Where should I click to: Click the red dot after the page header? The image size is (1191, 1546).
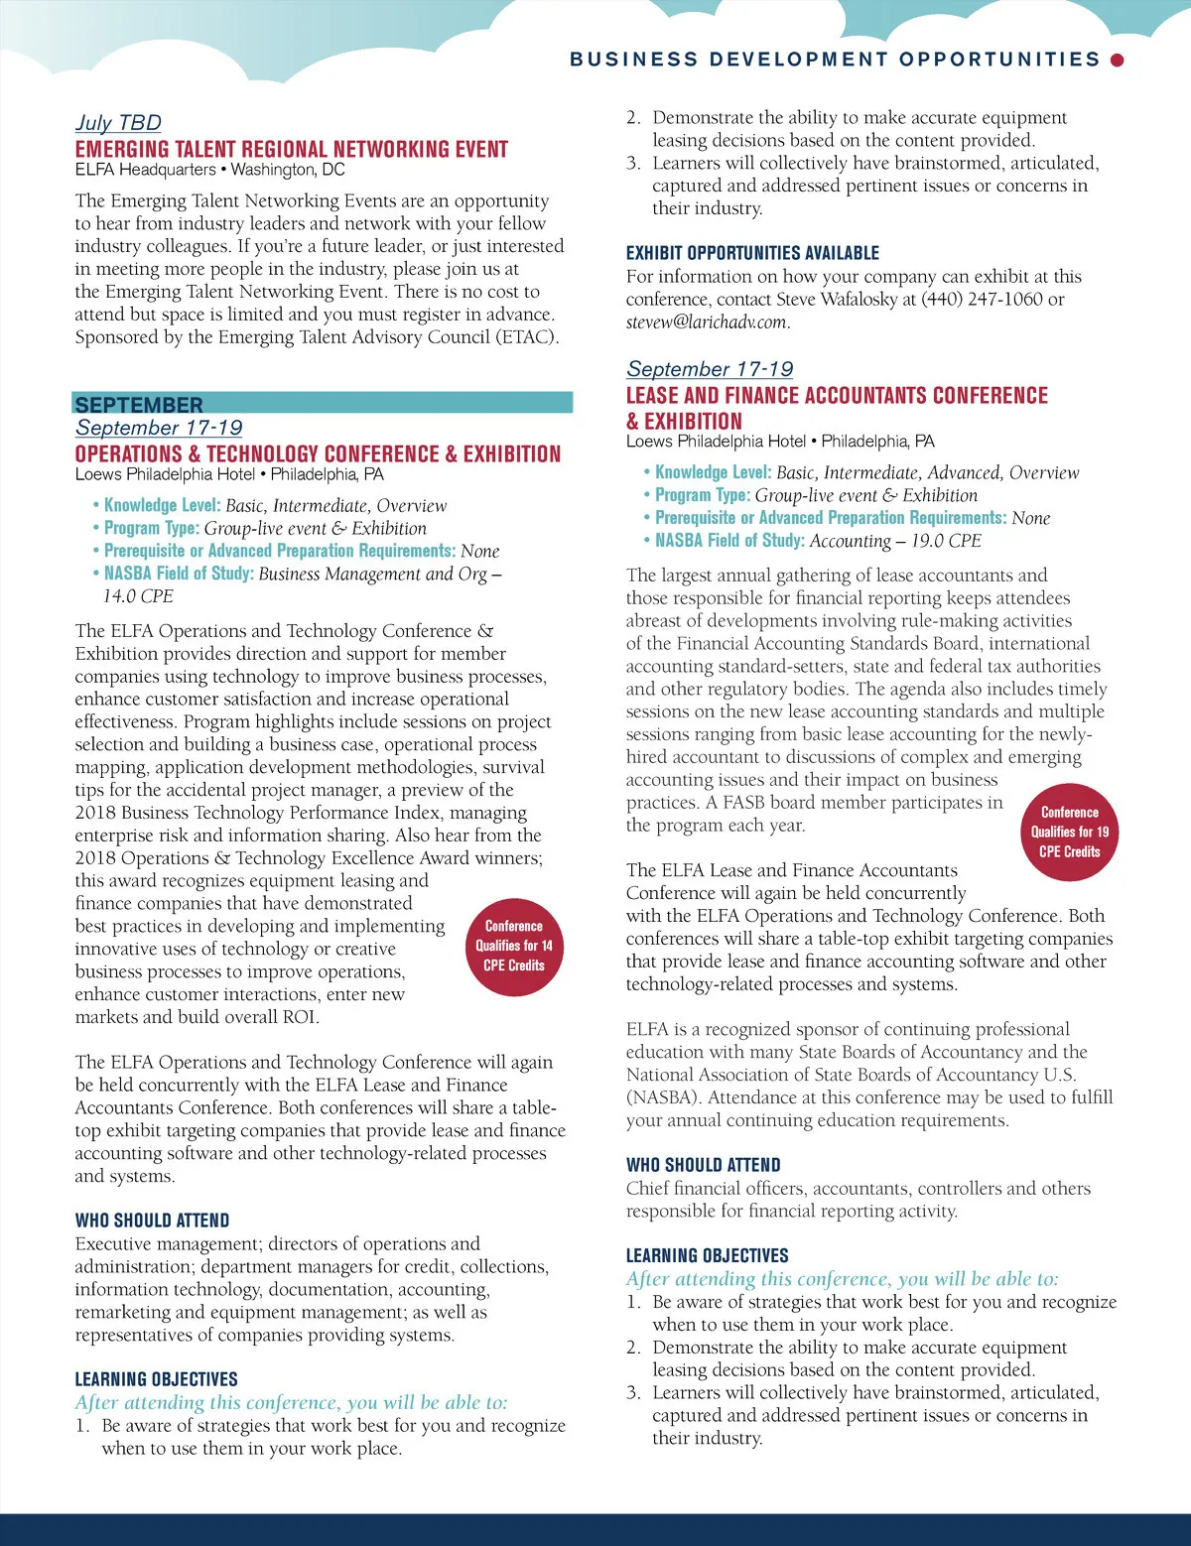[1117, 61]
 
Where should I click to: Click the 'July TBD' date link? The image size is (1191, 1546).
[118, 123]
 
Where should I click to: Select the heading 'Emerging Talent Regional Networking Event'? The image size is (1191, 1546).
[291, 150]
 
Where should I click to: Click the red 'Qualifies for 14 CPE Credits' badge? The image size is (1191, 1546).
[513, 947]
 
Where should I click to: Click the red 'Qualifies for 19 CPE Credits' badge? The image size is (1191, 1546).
[1069, 833]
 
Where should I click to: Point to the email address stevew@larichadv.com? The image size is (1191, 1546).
[707, 322]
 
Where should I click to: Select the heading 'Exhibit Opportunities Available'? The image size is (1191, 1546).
[752, 254]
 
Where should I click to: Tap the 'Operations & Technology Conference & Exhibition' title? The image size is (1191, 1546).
[318, 454]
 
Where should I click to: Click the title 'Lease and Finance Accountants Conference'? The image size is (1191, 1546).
[837, 396]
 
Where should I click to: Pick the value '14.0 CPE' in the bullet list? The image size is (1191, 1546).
[138, 596]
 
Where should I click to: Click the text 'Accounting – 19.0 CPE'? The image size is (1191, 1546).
[895, 541]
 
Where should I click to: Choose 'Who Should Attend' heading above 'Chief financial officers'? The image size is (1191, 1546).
[703, 1166]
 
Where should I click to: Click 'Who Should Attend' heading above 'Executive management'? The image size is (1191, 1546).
[152, 1222]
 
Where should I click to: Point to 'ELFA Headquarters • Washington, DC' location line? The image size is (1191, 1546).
[209, 170]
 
